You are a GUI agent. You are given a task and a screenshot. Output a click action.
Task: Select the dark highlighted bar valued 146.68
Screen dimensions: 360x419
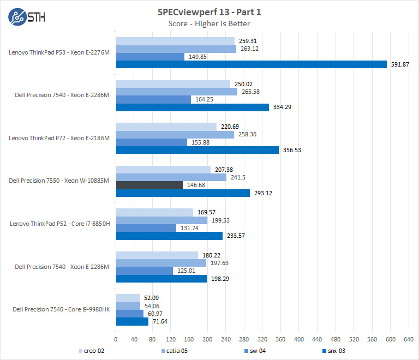[149, 185]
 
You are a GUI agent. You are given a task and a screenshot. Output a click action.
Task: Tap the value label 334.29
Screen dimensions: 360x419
[282, 107]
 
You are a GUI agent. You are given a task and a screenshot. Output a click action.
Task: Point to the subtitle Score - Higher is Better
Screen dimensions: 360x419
[209, 23]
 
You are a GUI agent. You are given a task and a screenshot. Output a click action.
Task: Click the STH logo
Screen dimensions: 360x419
[27, 16]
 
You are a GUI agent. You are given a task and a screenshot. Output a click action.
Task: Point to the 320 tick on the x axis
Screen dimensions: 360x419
[262, 338]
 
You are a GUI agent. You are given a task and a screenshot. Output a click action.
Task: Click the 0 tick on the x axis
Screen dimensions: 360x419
[116, 338]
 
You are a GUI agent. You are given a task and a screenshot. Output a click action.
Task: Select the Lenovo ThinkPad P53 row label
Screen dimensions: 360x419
[59, 53]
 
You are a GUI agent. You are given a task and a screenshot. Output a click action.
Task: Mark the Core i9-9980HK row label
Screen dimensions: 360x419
[61, 309]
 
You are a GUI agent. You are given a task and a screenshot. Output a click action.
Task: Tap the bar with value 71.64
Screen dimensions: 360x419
[132, 322]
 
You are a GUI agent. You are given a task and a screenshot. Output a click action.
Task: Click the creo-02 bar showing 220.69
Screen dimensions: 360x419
[166, 127]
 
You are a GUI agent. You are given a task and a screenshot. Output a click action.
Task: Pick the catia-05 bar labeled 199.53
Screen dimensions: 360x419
[161, 220]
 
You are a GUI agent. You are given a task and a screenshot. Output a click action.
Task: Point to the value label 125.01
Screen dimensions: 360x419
[186, 271]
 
